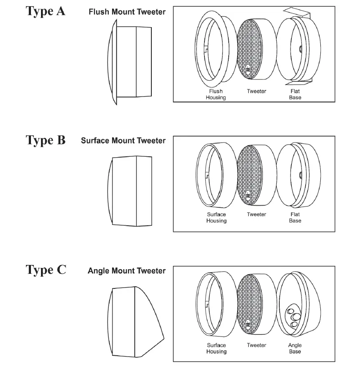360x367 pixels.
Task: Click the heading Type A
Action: point(46,11)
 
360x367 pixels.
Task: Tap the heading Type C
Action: point(46,270)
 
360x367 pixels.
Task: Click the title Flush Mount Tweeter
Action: point(127,12)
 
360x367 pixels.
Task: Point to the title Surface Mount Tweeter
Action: point(123,141)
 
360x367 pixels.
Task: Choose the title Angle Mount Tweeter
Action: point(126,271)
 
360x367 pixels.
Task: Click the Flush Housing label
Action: point(215,94)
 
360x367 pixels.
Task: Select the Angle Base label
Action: point(295,348)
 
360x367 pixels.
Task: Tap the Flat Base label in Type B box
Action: point(295,217)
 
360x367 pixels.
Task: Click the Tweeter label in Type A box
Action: point(256,92)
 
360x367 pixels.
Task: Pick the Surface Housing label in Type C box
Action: point(216,348)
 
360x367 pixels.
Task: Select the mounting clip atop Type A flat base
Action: point(298,14)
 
